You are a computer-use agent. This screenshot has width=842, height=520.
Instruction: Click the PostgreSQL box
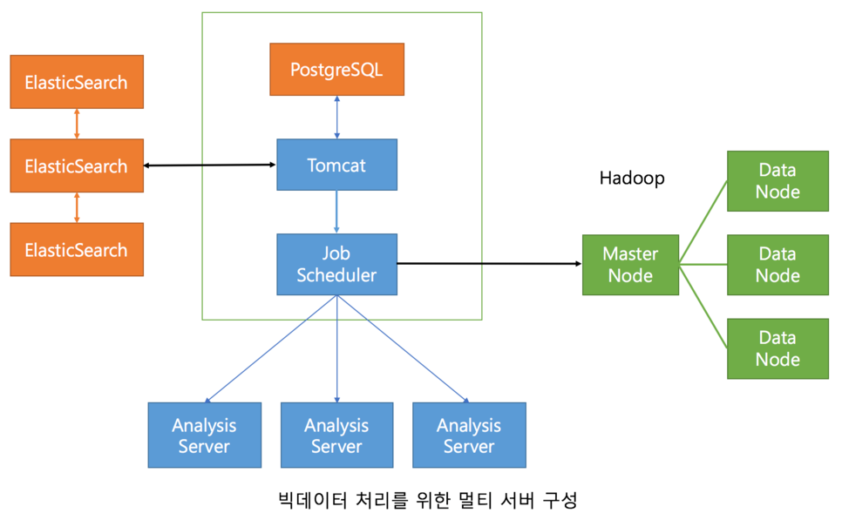[336, 69]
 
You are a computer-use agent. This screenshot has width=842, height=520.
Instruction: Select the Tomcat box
[336, 165]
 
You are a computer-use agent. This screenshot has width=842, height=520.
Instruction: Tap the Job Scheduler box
[336, 264]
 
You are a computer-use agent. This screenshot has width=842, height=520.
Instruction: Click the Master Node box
[630, 264]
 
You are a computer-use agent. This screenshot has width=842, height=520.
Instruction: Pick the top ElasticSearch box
[77, 83]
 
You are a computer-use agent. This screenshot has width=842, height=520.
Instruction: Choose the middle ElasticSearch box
[77, 165]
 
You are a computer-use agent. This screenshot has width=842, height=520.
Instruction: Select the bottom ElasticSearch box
[77, 250]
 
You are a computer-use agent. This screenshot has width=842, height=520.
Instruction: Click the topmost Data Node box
[777, 180]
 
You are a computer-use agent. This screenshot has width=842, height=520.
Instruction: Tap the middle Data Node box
[777, 264]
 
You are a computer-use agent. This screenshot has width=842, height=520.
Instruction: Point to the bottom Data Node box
[777, 348]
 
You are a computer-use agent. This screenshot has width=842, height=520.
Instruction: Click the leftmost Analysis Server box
[204, 436]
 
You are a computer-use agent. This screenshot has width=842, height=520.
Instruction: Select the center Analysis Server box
[336, 436]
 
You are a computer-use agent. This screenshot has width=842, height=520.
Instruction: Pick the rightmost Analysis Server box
[469, 436]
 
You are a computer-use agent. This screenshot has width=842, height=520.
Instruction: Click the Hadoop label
[632, 178]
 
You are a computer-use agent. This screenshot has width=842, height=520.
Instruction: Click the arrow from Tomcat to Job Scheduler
[336, 212]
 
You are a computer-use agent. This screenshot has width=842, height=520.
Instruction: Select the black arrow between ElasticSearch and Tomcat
[210, 165]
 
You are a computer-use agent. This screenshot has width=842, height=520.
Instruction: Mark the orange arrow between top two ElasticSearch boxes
[77, 124]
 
